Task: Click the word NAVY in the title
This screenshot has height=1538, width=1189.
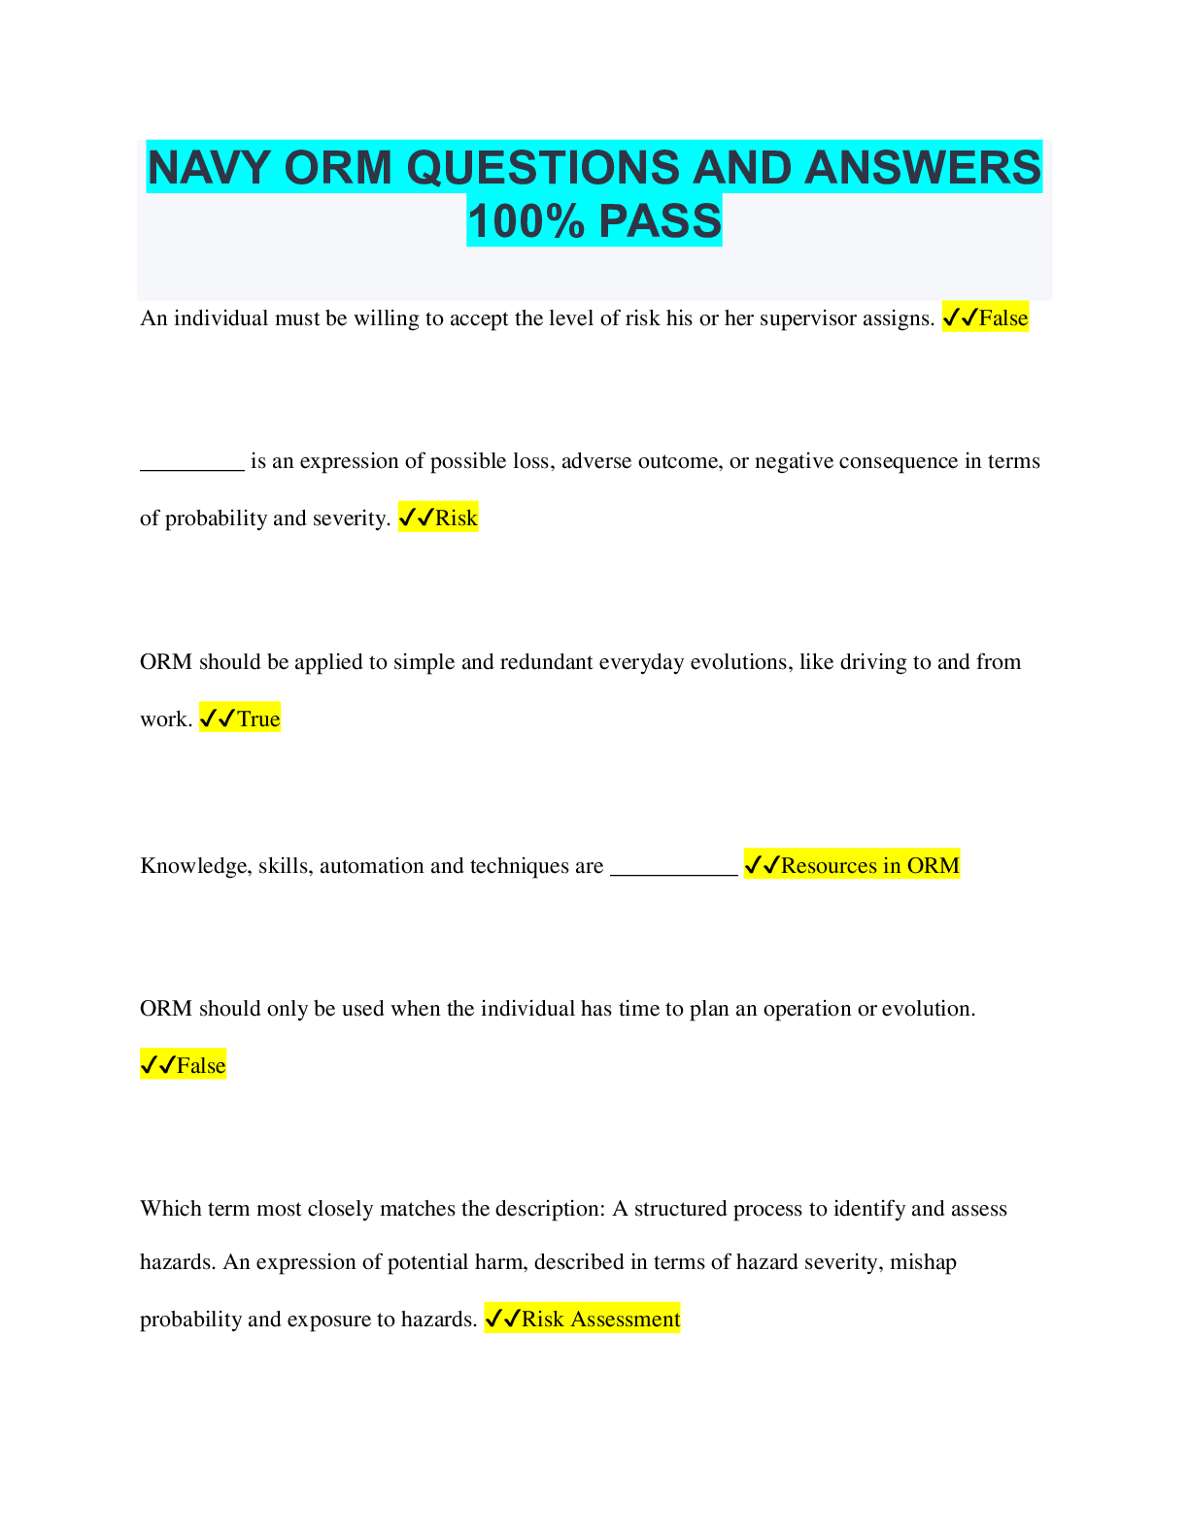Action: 208,168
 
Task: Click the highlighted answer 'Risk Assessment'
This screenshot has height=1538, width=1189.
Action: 600,1319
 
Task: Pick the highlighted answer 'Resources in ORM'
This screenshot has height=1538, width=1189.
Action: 869,865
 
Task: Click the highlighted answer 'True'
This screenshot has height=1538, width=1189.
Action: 258,719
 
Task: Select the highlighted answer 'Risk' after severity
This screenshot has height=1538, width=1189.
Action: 456,518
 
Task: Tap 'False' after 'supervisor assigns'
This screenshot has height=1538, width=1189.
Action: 1002,318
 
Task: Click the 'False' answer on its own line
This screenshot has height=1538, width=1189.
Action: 200,1065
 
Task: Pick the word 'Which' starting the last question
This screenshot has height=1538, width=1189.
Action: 167,1209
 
